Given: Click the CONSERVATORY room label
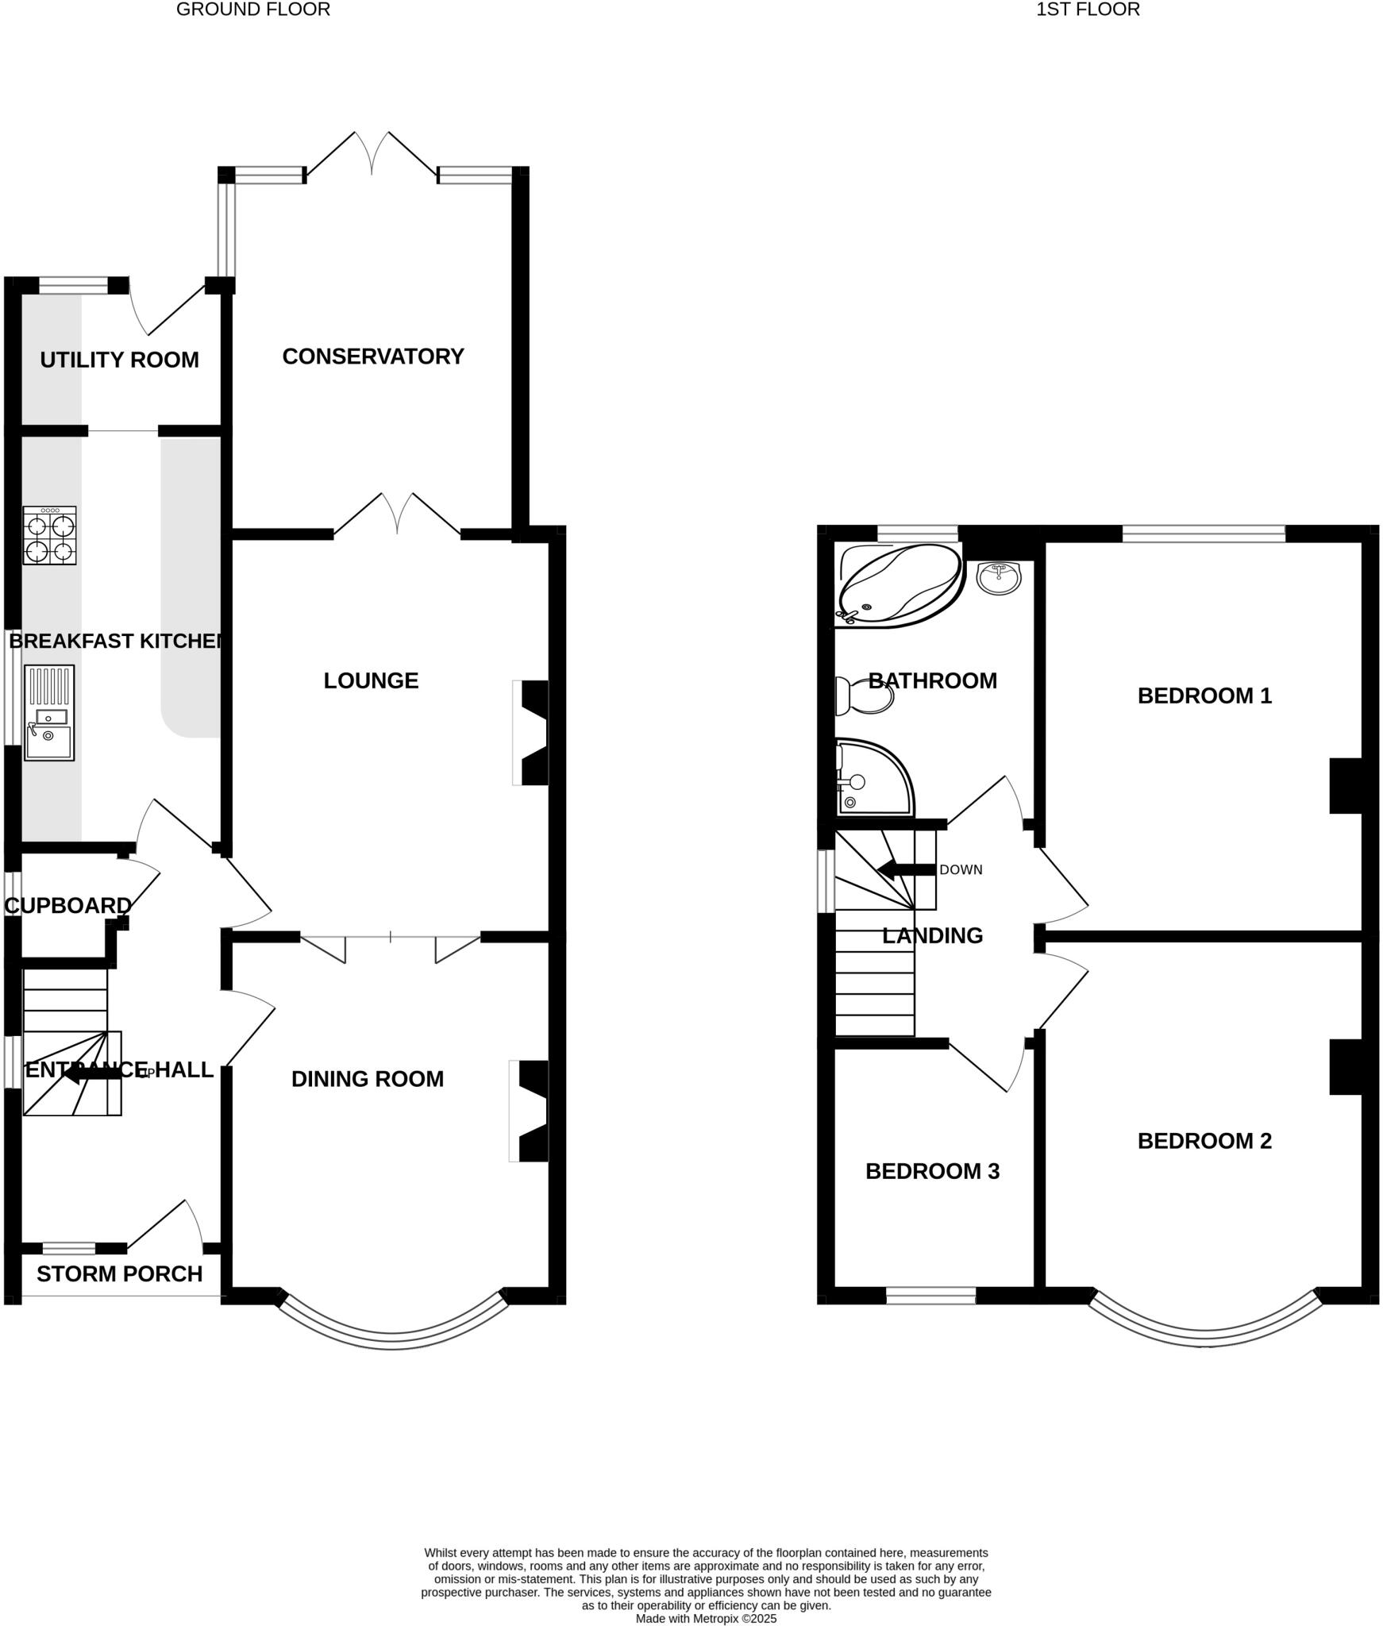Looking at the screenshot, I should [372, 356].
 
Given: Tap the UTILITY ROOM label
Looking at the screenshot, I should [119, 360].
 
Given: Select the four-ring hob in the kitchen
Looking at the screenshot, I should [49, 536].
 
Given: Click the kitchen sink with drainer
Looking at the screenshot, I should [49, 712].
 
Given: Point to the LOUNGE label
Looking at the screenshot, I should [371, 680].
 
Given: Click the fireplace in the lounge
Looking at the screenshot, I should [532, 733].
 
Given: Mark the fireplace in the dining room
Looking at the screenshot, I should [530, 1111].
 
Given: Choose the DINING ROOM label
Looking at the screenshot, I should [367, 1079].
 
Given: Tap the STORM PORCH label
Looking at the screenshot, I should [119, 1273].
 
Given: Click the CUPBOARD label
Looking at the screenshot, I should [68, 905].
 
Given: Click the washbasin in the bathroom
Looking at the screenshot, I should [999, 577].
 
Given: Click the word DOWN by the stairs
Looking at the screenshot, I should [961, 869].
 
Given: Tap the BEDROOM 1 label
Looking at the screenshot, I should [1204, 695].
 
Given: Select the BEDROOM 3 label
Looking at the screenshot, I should [932, 1171].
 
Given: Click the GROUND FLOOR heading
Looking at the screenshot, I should [253, 10].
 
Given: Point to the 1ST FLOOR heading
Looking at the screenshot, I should [1088, 10].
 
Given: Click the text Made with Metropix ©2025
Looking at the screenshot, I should [706, 1618].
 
